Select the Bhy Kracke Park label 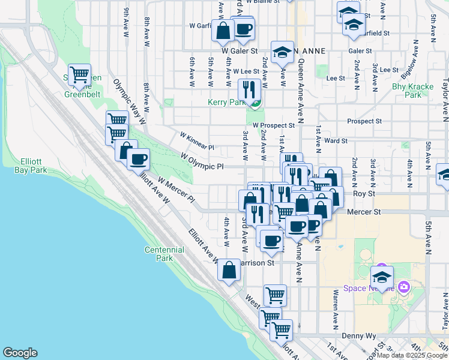point(412,91)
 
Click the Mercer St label point(364,212)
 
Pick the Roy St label point(363,193)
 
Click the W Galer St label point(239,52)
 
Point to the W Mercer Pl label point(176,188)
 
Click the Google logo point(20,353)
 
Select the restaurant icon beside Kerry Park point(249,90)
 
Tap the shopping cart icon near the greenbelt point(79,75)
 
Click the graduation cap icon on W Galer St point(282,52)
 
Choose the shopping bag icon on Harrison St point(229,270)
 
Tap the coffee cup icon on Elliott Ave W point(138,159)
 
